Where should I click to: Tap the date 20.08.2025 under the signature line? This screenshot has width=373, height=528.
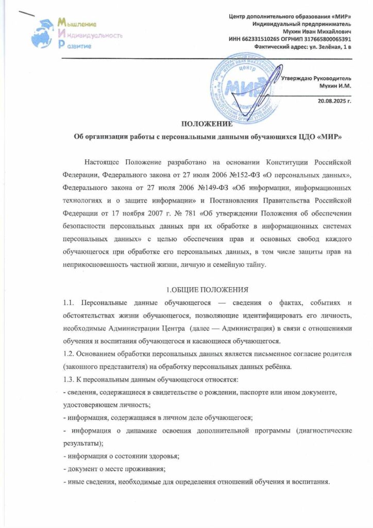(x=335, y=102)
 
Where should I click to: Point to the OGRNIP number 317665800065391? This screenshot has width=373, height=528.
(x=324, y=39)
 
